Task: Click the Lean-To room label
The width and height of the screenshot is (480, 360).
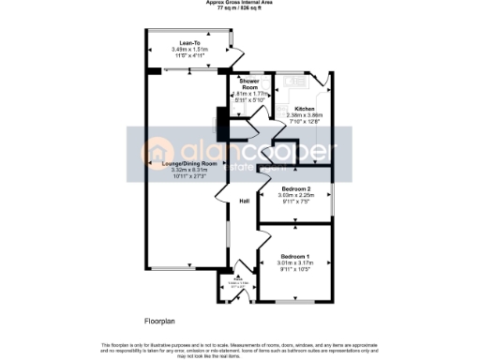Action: pyautogui.click(x=187, y=42)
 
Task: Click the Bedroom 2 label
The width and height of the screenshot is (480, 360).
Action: pyautogui.click(x=296, y=189)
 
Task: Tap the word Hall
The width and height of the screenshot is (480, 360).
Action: pyautogui.click(x=244, y=202)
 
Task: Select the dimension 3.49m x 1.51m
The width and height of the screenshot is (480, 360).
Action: pyautogui.click(x=187, y=49)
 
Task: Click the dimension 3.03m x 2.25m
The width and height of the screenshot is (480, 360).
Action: pyautogui.click(x=296, y=196)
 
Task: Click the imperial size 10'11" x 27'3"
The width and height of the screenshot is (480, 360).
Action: pyautogui.click(x=188, y=176)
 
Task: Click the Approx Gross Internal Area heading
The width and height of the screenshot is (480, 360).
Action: pyautogui.click(x=240, y=3)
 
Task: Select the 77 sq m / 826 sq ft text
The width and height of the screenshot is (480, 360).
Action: pyautogui.click(x=240, y=8)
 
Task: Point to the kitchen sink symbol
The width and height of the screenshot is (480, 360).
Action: pyautogui.click(x=322, y=85)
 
